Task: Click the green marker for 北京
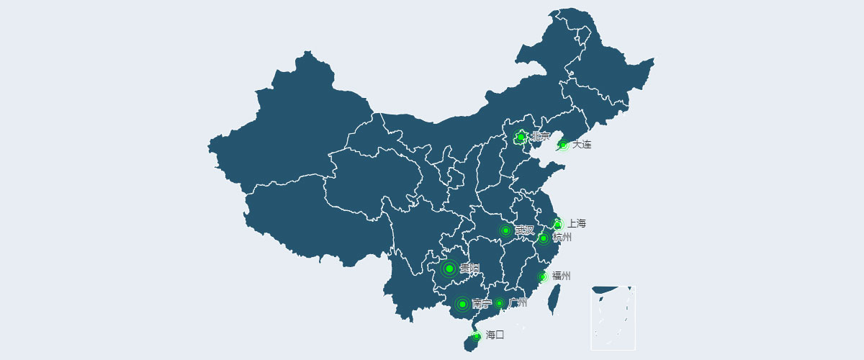pos(521,137)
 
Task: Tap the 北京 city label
pos(540,137)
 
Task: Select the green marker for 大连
pos(563,145)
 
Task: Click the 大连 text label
pos(582,145)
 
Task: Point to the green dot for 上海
pos(557,225)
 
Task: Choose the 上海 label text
pos(577,224)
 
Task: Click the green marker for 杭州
pos(544,238)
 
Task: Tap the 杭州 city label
pos(562,238)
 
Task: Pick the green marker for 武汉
pos(505,230)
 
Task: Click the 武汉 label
pos(525,230)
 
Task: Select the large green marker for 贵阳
pos(449,269)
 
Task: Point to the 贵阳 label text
pos(469,269)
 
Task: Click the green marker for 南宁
pos(462,304)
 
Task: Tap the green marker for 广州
pos(499,303)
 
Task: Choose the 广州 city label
pos(518,303)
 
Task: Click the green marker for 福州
pos(543,276)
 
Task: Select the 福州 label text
pos(562,276)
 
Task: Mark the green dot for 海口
pos(476,336)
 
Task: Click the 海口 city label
pos(495,335)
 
